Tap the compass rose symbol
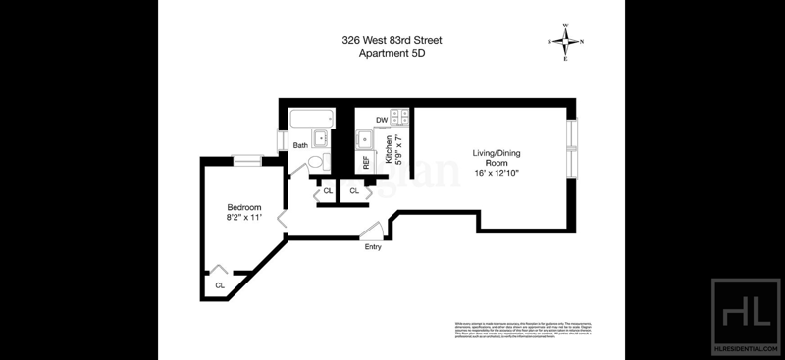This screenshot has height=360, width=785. tap(565, 41)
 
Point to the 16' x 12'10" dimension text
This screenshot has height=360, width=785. tap(496, 173)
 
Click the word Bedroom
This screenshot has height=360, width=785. tap(243, 207)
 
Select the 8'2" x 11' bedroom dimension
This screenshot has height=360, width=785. tap(243, 218)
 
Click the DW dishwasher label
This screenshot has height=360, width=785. tap(381, 120)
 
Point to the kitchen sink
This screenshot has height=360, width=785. tap(364, 139)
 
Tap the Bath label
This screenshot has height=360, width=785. tap(300, 146)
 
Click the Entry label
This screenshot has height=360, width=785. tap(373, 246)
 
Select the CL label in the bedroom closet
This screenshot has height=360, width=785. tap(220, 285)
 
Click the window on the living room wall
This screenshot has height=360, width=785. tap(573, 147)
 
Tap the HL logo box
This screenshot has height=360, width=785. tap(743, 312)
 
